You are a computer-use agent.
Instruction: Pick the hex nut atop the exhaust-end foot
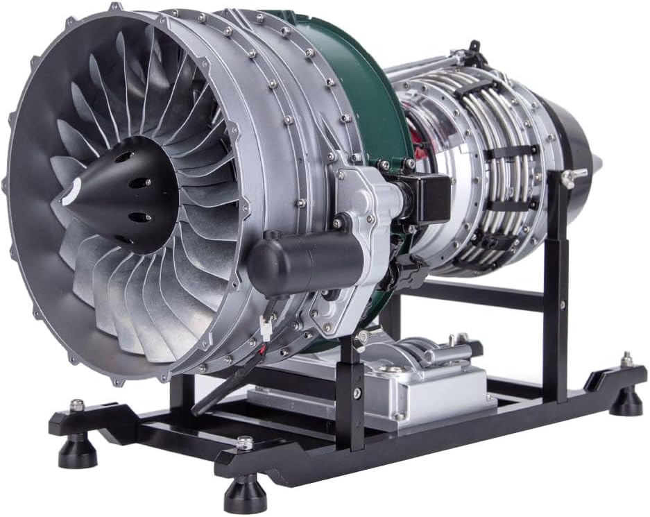pyautogui.click(x=626, y=360)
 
